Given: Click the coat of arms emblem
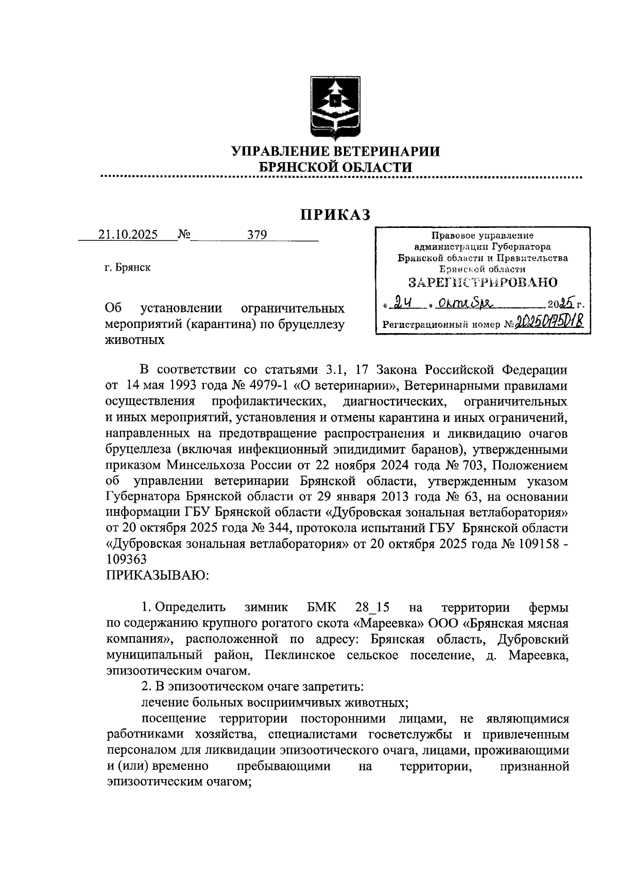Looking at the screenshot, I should click(x=335, y=106).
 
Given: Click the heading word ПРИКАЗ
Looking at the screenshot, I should click(x=336, y=215).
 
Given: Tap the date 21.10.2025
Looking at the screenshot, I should click(x=128, y=235).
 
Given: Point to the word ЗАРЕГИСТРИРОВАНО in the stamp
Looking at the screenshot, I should click(x=483, y=283).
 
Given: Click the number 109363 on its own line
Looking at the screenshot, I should click(x=126, y=559).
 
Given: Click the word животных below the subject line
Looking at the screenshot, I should click(x=135, y=340).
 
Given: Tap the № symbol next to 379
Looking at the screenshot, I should click(x=184, y=235).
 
